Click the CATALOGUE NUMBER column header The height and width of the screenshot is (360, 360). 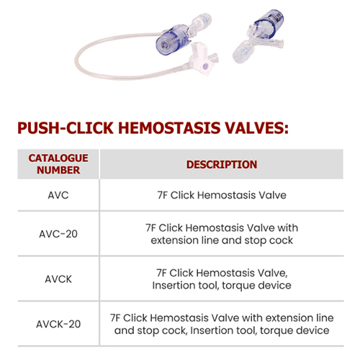click(x=58, y=164)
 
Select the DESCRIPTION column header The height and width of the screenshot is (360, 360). click(x=222, y=165)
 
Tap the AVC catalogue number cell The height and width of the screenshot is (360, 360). click(x=58, y=195)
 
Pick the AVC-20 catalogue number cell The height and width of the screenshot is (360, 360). click(x=58, y=234)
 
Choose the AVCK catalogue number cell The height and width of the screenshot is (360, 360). click(x=58, y=279)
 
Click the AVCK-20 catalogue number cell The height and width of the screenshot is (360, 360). click(x=58, y=324)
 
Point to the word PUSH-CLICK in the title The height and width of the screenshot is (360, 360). click(x=66, y=128)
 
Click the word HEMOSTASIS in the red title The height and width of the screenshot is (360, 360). click(x=169, y=128)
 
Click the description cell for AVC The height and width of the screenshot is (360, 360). click(x=222, y=195)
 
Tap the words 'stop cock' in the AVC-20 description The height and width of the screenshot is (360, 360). click(x=269, y=240)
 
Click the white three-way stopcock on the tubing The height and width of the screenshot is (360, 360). click(x=202, y=60)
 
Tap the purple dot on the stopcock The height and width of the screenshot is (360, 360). click(x=206, y=66)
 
